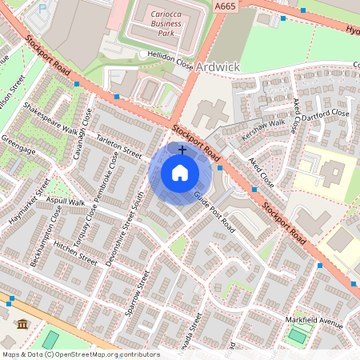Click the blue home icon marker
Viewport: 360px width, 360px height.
tap(180, 173)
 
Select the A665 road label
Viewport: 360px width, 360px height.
tap(226, 5)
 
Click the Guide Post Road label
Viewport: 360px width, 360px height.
tap(213, 210)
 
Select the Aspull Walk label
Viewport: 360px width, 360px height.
tap(66, 202)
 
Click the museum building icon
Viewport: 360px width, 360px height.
tap(22, 324)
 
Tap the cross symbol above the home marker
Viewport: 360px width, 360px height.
tap(182, 150)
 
